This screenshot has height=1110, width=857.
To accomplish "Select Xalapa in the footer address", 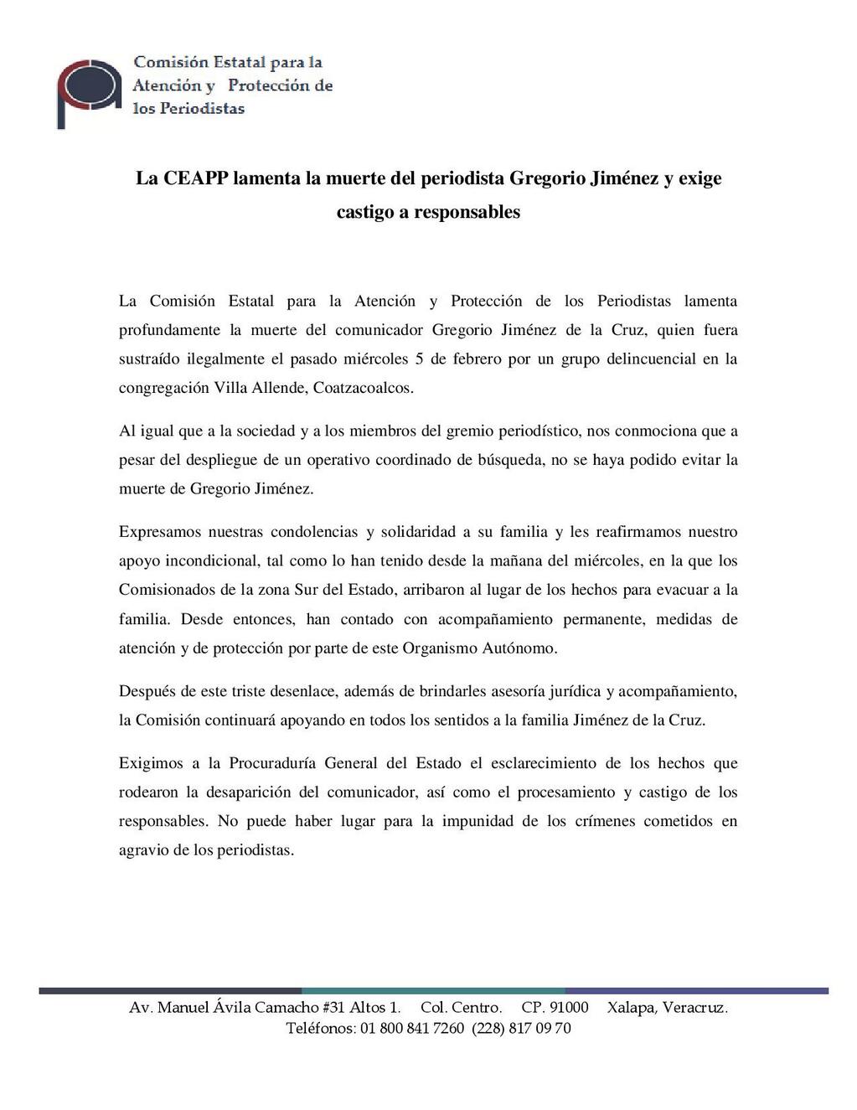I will click(631, 1008).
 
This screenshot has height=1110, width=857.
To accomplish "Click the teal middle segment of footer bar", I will click(433, 991).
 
